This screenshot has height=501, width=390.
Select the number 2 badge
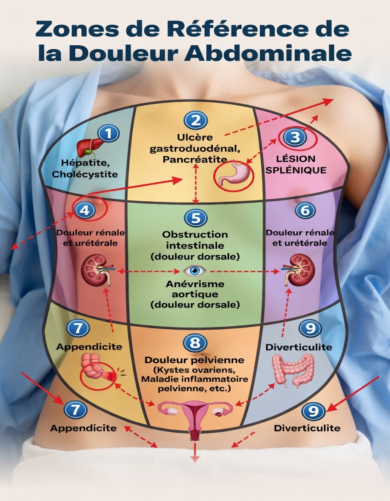[x=195, y=120]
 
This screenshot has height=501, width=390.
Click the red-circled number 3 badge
[x=295, y=137]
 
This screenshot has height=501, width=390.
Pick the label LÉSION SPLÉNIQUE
[x=296, y=164]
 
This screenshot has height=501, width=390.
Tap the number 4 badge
[x=84, y=210]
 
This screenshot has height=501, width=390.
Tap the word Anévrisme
[x=195, y=284]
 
